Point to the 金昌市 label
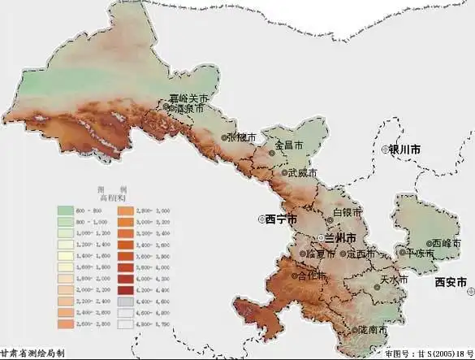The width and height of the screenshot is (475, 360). tap(289, 146)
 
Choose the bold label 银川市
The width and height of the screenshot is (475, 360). tap(404, 150)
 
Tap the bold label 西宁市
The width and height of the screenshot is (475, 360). tap(280, 219)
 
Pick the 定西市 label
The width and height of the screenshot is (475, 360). tap(361, 254)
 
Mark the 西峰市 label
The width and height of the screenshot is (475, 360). tap(442, 243)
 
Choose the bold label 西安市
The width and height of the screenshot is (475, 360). tap(451, 282)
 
